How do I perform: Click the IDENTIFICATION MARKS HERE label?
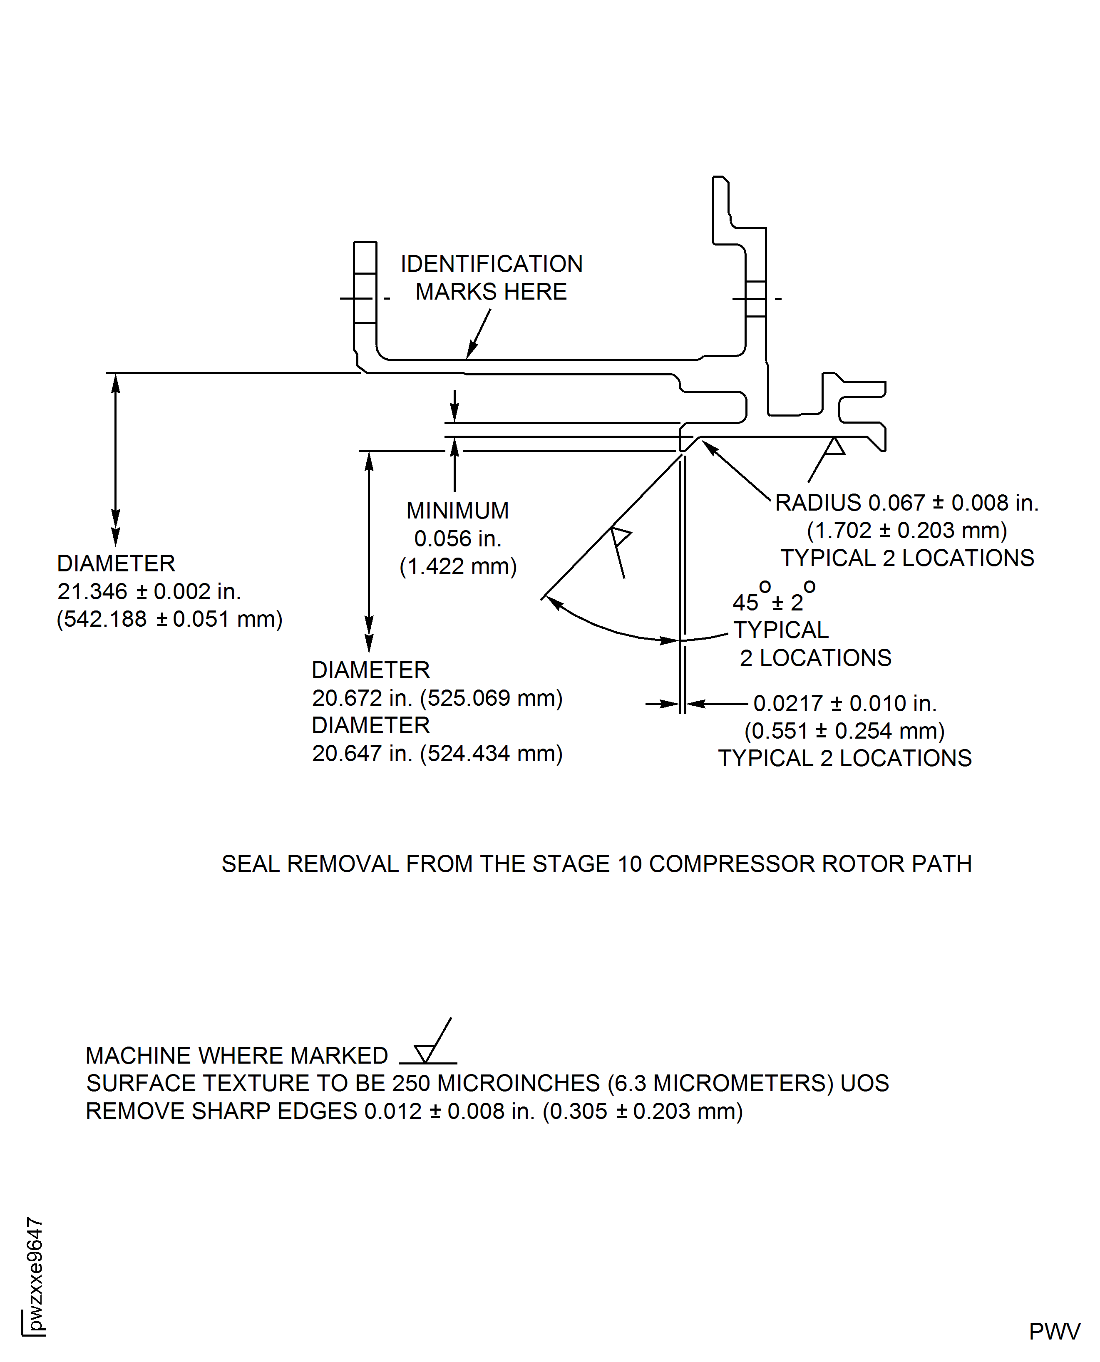[491, 278]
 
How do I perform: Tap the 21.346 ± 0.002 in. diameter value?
[149, 591]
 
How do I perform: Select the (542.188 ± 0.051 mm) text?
[169, 619]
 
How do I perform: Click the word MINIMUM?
[457, 510]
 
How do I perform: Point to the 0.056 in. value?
[457, 538]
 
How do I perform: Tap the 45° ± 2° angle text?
[773, 599]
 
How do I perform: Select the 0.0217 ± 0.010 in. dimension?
[844, 703]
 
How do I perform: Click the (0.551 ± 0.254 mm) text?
[844, 730]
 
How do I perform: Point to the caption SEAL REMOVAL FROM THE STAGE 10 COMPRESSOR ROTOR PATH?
[596, 863]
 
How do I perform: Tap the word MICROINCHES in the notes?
[518, 1083]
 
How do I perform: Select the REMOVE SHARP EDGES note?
[414, 1111]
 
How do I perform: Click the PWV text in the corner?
[1054, 1332]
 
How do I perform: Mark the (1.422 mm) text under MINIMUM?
[457, 566]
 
